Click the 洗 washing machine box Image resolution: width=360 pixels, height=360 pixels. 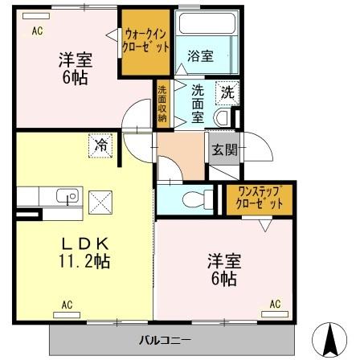[227, 92]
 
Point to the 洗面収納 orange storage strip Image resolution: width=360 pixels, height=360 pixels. [162, 104]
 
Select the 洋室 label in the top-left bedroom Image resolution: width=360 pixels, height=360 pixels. [72, 59]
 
